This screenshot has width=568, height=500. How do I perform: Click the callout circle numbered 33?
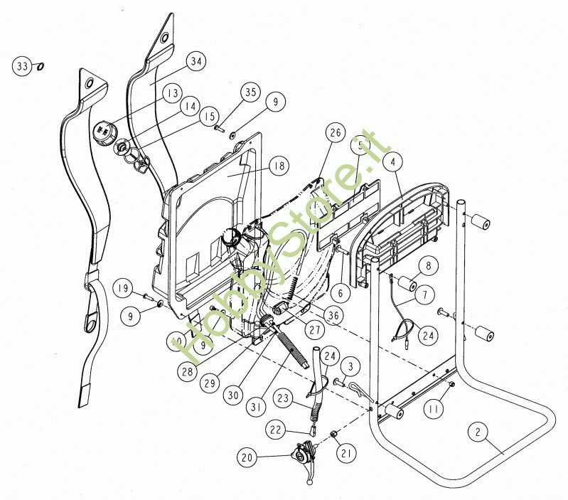(21, 66)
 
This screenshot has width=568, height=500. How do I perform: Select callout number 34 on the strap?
(196, 62)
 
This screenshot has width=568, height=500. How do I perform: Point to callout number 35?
(249, 93)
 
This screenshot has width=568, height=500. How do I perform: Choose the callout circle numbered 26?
(336, 132)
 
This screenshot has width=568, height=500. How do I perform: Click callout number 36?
(332, 314)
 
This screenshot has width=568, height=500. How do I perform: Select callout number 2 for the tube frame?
(478, 432)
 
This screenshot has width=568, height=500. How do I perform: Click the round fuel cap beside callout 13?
(105, 132)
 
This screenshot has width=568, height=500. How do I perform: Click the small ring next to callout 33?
(40, 66)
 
